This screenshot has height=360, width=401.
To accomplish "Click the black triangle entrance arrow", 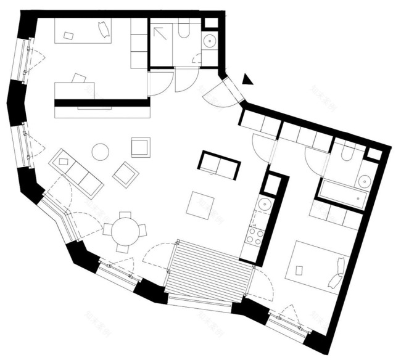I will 247,78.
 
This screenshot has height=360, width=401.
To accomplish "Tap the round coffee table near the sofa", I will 100,152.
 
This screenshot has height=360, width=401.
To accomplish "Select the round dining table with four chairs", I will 125,230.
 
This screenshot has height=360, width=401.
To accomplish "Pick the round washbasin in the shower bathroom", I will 209,42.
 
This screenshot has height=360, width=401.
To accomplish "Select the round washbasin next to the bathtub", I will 364,181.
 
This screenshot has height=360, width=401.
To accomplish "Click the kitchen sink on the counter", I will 265,204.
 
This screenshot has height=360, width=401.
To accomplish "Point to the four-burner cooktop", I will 254,234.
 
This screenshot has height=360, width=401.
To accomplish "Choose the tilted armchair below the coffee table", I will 126,174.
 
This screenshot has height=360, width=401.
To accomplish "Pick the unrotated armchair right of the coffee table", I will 141,147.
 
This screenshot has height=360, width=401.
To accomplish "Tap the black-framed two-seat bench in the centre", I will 219,165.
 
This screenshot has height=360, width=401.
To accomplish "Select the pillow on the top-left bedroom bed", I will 104,28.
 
